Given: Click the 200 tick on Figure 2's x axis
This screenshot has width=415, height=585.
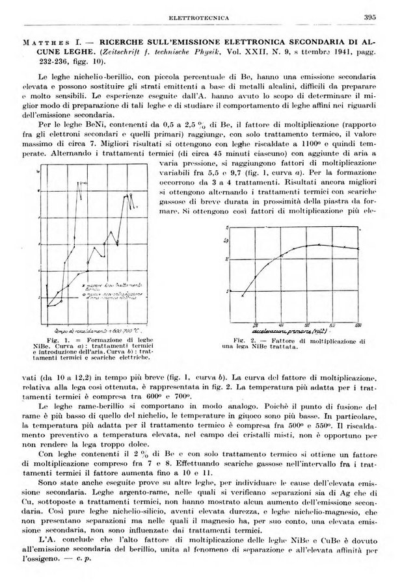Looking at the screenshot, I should (x=255, y=322).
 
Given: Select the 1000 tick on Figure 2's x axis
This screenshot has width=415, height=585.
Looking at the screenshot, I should (x=357, y=322).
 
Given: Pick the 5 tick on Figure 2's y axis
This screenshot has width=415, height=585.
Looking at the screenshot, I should (x=227, y=290).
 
